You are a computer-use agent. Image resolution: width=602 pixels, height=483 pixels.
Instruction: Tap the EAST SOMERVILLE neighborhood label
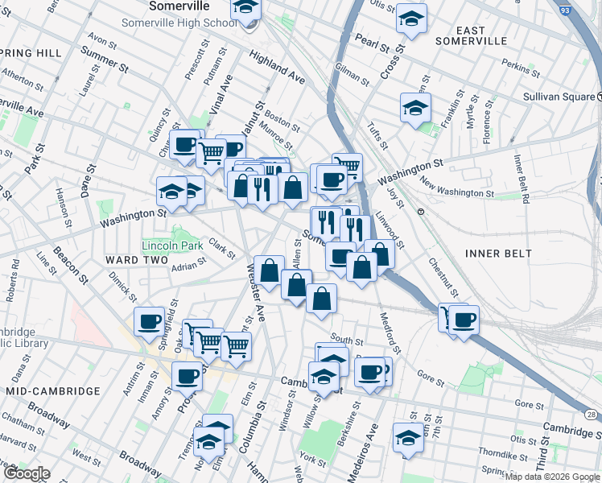pos(471,35)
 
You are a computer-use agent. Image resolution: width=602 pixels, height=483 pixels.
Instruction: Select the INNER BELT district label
pos(498,254)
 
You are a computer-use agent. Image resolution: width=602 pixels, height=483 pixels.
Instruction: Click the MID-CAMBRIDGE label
pos(52,390)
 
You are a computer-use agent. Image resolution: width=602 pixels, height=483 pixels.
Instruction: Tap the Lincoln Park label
pos(171,245)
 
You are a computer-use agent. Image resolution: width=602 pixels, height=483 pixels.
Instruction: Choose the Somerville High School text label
pos(179,23)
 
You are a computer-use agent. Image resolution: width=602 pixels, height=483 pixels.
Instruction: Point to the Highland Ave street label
pos(276,68)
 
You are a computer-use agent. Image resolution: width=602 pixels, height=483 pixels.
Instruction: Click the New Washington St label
pos(456,190)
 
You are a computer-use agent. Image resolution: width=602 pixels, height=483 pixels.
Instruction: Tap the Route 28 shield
pos(592,414)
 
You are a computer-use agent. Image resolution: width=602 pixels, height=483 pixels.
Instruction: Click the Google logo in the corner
pos(26,473)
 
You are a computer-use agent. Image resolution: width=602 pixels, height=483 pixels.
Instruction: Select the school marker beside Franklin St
pos(415,108)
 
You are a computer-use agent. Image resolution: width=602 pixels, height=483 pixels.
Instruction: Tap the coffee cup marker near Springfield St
pos(149,322)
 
